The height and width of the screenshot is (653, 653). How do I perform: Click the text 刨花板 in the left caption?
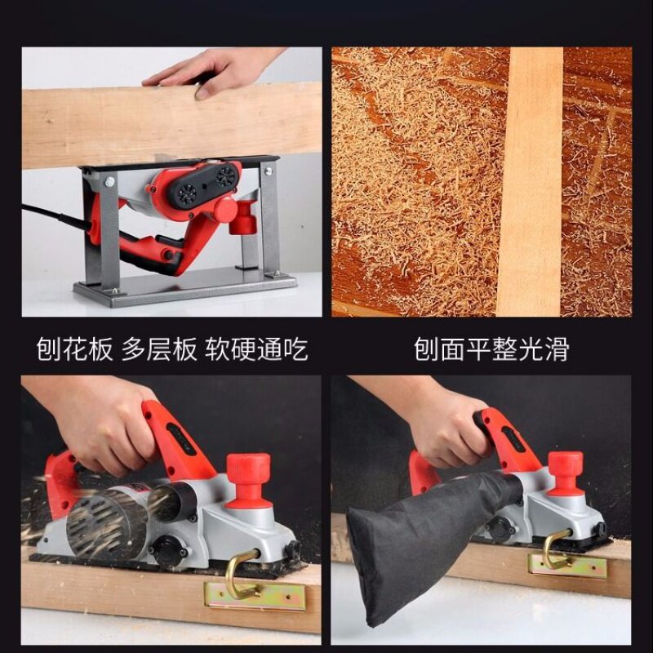click(x=74, y=349)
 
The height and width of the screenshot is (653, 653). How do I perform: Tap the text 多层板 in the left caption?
click(x=159, y=349)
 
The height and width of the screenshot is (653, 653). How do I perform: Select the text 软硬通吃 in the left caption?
click(x=256, y=349)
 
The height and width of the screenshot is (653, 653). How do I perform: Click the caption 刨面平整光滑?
click(x=491, y=349)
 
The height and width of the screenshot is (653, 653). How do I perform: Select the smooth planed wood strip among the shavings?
click(x=530, y=181)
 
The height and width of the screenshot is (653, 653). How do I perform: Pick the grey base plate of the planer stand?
click(x=185, y=287)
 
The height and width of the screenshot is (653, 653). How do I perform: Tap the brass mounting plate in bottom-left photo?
click(x=255, y=597)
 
